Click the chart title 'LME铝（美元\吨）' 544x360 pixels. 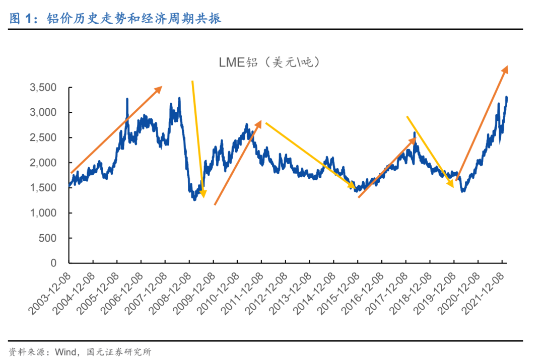(x=269, y=62)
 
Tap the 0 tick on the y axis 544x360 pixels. (x=60, y=263)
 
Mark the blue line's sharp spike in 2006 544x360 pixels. (x=127, y=99)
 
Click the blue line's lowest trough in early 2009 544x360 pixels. (x=194, y=200)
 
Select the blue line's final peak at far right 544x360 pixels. (x=506, y=97)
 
